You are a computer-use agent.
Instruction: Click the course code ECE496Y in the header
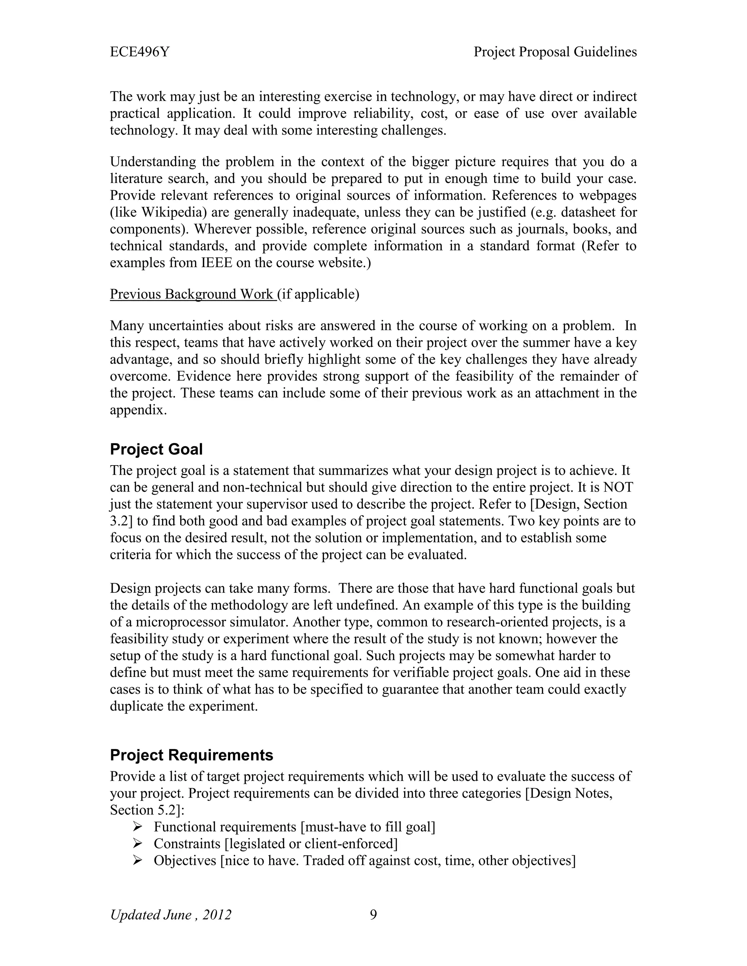point(139,52)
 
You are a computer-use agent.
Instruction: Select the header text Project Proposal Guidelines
point(555,52)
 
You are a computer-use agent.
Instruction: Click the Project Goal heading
point(156,449)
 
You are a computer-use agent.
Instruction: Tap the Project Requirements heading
point(191,755)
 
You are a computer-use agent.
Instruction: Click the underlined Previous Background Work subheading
point(193,294)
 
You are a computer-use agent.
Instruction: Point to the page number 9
point(373,915)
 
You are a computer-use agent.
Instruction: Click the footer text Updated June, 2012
point(170,915)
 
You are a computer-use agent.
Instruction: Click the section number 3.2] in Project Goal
point(121,521)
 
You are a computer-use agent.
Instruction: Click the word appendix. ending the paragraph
point(138,410)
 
